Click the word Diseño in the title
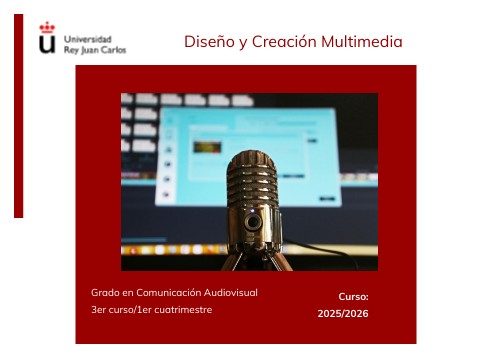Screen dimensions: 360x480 207,42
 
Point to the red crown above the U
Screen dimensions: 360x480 47,28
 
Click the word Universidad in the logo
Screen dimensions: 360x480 87,38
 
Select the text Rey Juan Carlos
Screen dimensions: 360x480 94,49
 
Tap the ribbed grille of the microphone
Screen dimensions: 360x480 251,180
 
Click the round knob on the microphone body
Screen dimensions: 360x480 254,221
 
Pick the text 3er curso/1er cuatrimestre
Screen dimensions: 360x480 151,310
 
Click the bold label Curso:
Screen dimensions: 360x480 353,297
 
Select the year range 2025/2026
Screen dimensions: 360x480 343,314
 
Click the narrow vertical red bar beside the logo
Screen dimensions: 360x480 18,115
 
